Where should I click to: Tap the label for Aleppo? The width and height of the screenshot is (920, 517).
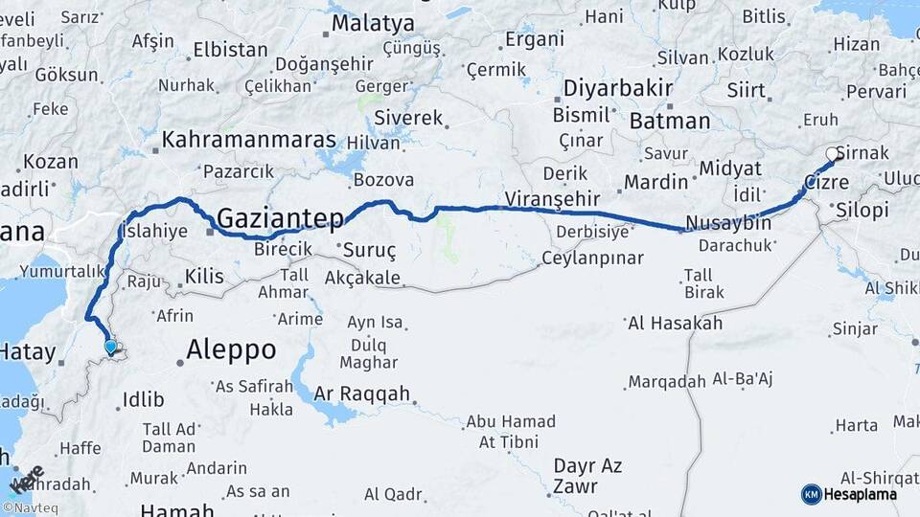point(231,349)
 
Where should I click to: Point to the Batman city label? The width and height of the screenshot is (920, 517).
point(670,121)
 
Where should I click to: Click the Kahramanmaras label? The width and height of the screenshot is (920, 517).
point(249,140)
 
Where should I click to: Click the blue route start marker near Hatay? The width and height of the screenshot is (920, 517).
point(111,348)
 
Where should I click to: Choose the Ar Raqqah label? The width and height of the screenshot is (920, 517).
point(362,393)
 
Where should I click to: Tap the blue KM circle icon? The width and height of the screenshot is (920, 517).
point(811,494)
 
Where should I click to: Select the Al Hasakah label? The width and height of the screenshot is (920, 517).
point(675,323)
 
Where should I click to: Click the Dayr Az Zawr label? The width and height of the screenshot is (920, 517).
point(587,476)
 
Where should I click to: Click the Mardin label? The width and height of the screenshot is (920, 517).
point(656,181)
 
